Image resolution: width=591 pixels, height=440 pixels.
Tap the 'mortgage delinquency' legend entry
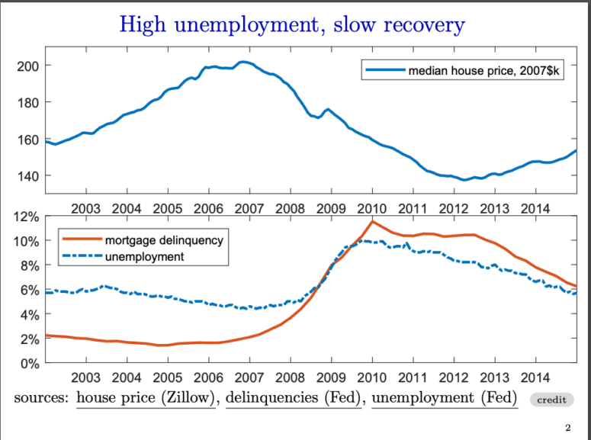163,240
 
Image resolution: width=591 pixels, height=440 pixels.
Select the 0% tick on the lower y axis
29,364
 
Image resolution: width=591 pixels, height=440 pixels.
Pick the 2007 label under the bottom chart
249,377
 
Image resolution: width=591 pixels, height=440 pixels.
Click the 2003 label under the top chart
85,208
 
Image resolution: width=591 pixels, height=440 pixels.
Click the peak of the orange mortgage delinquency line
372,221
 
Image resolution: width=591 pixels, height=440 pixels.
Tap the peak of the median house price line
243,62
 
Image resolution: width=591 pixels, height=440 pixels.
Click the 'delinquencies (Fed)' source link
294,397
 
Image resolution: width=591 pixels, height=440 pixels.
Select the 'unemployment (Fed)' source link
444,397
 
